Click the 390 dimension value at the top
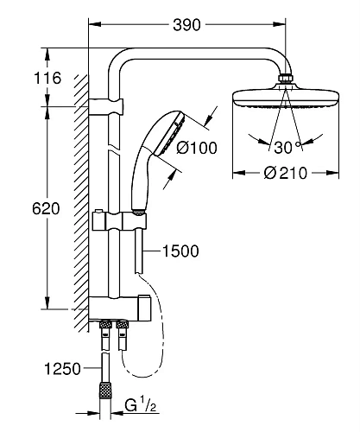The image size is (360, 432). click(x=186, y=25)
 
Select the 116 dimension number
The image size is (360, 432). click(x=47, y=78)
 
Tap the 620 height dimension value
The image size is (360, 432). click(x=46, y=208)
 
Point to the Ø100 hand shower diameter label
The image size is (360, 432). click(x=197, y=148)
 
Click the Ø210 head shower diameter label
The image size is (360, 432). click(x=286, y=173)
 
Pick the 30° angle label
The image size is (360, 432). click(x=287, y=147)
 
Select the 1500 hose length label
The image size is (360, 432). click(x=180, y=251)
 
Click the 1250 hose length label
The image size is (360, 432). click(x=62, y=369)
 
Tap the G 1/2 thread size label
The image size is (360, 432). click(x=141, y=404)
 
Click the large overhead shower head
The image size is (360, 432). click(x=286, y=97)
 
